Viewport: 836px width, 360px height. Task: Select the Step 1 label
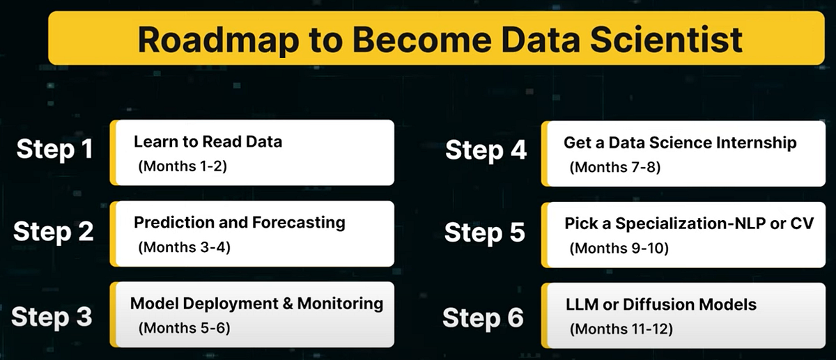coord(54,150)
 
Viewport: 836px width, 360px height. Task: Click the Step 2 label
coord(54,231)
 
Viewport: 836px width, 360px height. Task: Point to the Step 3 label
coord(52,317)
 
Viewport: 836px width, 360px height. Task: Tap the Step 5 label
coord(485,232)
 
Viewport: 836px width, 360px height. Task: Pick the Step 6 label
coord(483,318)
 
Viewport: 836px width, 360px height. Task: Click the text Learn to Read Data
coord(208,142)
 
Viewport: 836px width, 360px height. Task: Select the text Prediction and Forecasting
coord(239,223)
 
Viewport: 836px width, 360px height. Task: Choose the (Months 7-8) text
coord(610,167)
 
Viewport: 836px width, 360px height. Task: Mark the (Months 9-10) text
coord(619,248)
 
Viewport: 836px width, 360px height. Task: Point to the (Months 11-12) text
coord(621,329)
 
